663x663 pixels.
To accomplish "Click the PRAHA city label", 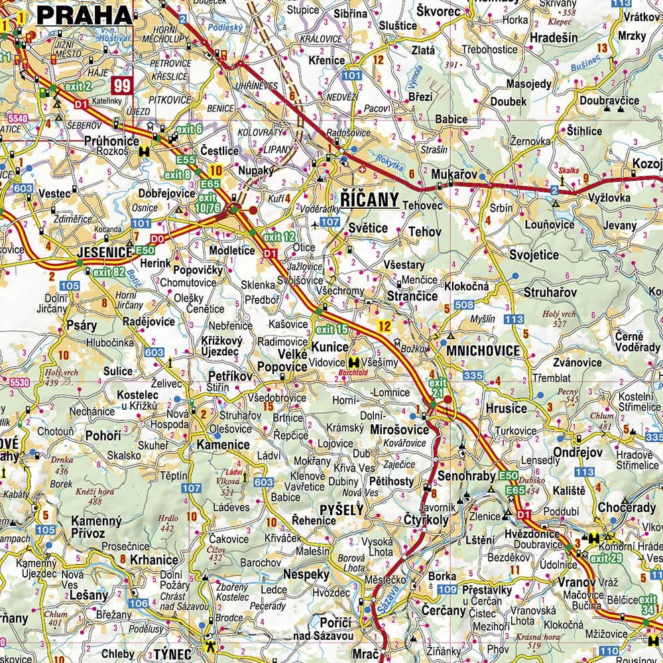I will point(84,15).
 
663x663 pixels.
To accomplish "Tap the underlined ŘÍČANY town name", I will point(369,200).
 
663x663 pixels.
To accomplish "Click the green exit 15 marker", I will point(332,329).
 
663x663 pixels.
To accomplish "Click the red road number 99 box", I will point(121,85).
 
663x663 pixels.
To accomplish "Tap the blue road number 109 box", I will point(448,589).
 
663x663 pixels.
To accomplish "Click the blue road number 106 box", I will point(139,603).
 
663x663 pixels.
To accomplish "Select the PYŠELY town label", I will point(341,510).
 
